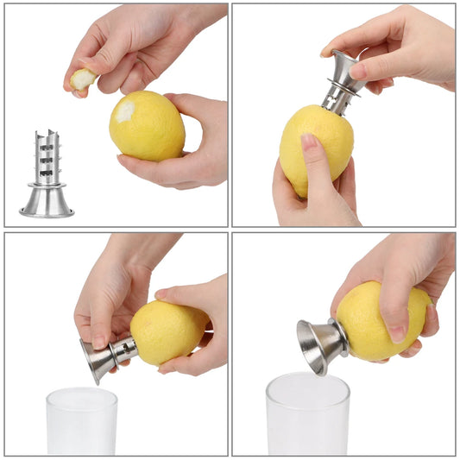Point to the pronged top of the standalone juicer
tap(47, 147)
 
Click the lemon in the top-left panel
tap(148, 125)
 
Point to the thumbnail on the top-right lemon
tap(310, 141)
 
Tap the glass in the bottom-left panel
tap(81, 423)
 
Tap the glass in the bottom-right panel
tap(306, 416)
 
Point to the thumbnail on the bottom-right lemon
tap(396, 332)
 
